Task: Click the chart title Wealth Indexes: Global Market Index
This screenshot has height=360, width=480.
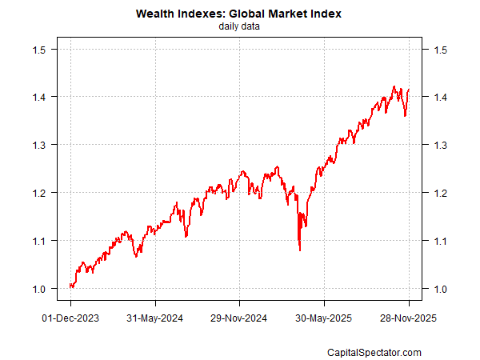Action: click(239, 14)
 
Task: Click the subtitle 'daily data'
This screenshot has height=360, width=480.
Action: click(239, 26)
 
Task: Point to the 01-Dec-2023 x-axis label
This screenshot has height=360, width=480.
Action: click(70, 318)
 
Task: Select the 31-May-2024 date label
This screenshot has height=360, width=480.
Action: click(155, 318)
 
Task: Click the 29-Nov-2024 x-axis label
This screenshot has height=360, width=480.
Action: click(239, 318)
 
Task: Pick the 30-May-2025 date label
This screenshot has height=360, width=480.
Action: click(324, 318)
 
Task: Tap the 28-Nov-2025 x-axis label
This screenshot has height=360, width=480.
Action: click(409, 318)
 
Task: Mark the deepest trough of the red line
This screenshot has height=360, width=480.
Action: click(300, 250)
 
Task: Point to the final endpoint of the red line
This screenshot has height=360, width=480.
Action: click(409, 90)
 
